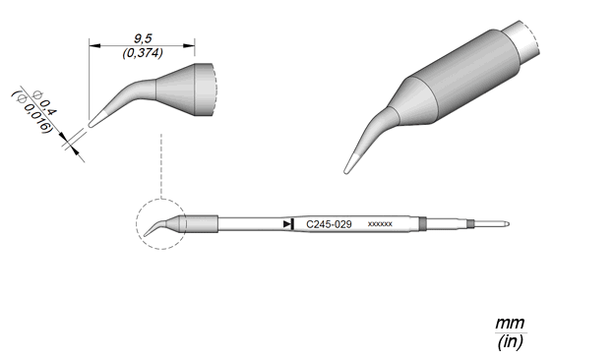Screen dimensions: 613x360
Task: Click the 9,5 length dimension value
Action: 143,38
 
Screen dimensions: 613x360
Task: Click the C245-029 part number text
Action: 329,224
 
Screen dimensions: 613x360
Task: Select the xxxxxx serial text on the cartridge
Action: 380,224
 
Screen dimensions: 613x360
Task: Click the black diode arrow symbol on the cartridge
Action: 288,224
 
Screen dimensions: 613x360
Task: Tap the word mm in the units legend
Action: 510,324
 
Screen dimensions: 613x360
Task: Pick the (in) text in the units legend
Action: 511,342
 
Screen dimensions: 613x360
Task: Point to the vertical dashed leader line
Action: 161,165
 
